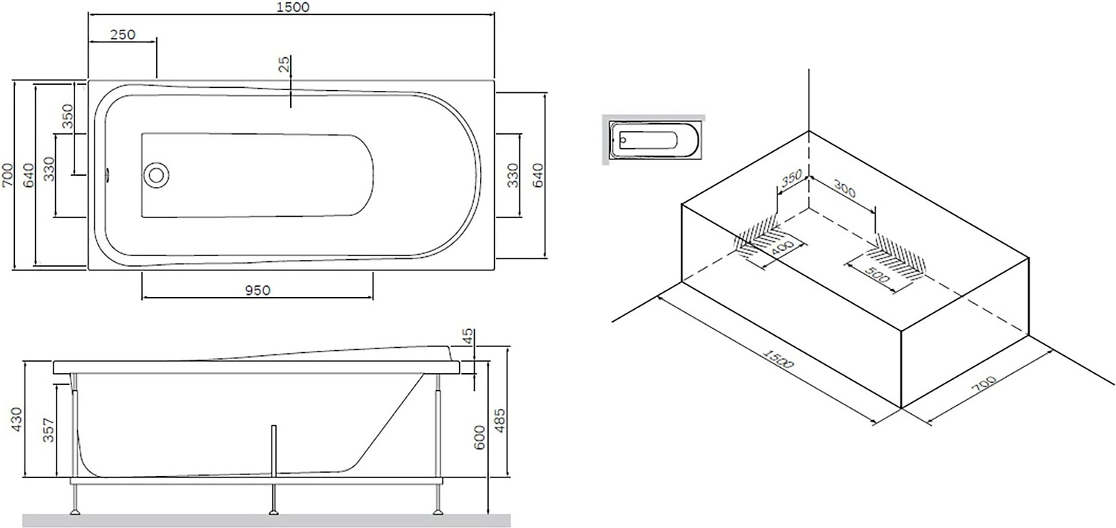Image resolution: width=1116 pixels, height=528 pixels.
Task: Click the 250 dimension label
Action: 123,34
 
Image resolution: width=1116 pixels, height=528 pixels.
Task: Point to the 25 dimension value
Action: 283,64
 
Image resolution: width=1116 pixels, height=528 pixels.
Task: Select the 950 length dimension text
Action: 257,290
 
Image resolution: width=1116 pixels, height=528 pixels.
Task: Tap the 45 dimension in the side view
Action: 468,336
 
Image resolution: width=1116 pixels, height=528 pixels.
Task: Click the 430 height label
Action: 16,420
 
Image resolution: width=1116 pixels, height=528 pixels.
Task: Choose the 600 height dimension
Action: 479,437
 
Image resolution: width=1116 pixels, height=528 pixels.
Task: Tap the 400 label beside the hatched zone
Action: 781,248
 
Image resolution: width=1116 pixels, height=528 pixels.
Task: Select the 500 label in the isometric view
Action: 877,275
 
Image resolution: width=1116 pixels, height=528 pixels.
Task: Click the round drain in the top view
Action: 156,175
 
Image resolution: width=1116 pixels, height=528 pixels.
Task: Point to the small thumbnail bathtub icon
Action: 654,139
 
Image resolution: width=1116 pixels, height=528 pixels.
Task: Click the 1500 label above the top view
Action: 292,7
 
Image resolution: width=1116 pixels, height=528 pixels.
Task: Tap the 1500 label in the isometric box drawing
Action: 777,358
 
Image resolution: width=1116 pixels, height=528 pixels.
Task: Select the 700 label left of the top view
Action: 7,175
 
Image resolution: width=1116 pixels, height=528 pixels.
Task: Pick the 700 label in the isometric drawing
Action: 984,384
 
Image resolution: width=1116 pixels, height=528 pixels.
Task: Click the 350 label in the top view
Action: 67,116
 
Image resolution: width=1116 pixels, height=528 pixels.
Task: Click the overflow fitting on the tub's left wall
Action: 106,175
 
